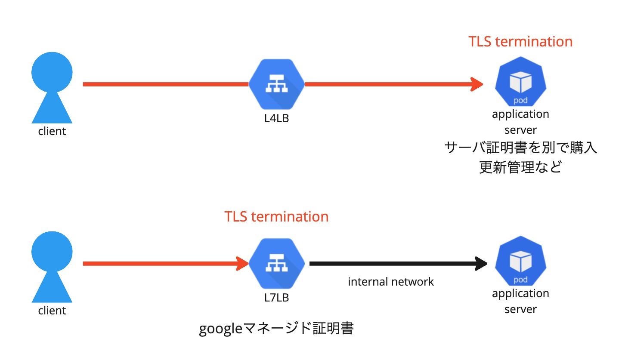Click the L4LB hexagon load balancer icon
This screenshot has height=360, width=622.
276,84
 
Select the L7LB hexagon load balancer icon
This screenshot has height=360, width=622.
276,264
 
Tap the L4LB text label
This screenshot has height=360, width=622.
276,118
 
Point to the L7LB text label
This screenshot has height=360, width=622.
276,297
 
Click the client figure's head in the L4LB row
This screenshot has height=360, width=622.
52,72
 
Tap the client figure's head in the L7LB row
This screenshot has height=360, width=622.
52,251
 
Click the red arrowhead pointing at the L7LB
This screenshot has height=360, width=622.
243,263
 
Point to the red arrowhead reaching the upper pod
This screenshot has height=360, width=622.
477,84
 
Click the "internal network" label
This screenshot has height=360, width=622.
391,282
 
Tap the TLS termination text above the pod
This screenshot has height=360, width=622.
520,42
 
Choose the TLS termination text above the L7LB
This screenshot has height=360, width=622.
276,216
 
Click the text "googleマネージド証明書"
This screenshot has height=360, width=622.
276,329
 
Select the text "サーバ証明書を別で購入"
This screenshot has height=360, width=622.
520,148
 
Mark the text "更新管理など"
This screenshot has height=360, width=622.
520,167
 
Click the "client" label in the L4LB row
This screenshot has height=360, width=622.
52,131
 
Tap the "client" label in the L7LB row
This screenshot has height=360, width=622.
52,310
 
